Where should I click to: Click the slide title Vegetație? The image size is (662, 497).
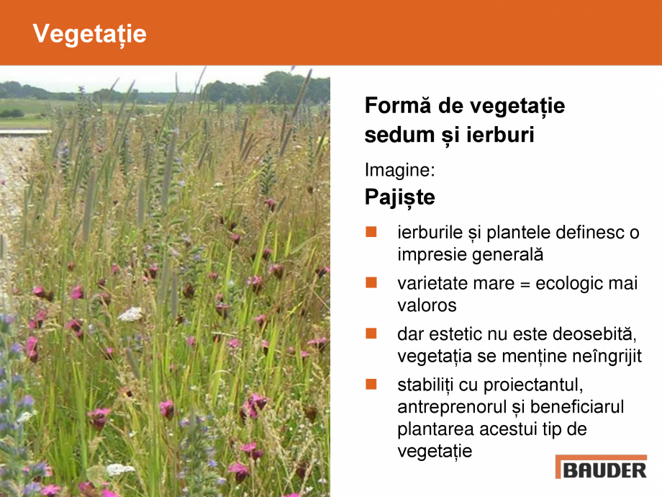[x=90, y=34]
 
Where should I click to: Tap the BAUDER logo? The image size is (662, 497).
[x=601, y=468]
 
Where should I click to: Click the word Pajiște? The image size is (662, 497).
[x=399, y=197]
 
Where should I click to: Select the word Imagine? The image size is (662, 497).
[x=399, y=170]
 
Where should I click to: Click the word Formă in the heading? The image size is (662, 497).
[x=397, y=106]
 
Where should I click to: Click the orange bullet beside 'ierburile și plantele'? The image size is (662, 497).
[x=371, y=232]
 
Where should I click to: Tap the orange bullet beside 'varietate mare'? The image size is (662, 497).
[x=371, y=283]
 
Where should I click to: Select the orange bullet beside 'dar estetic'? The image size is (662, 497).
[x=371, y=333]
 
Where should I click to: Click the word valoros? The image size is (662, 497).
[x=427, y=305]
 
